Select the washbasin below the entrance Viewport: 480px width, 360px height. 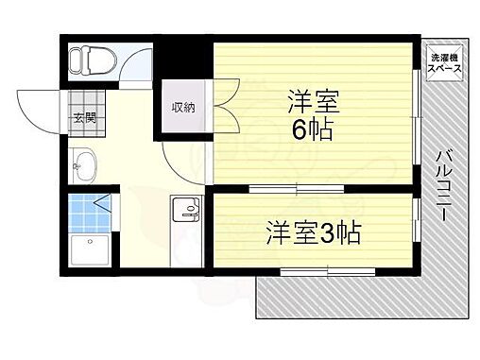[83, 168]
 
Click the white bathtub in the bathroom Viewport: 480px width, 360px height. [90, 251]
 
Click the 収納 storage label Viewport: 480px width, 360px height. [182, 107]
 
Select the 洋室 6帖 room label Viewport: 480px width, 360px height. [311, 114]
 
